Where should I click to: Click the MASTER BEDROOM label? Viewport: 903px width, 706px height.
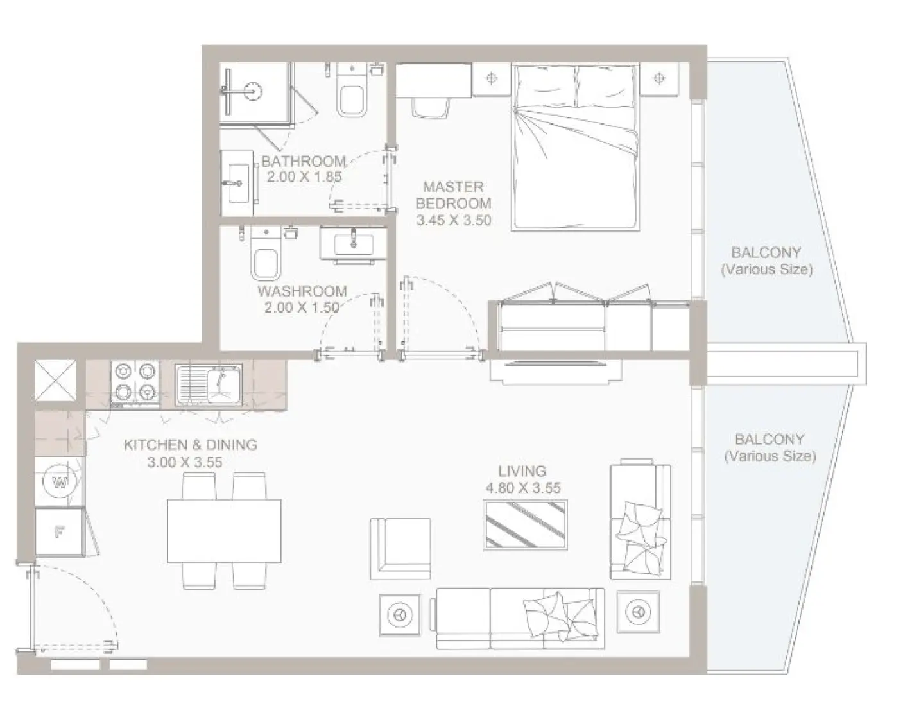[x=453, y=195]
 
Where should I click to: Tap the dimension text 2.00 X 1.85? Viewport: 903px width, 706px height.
[x=304, y=176]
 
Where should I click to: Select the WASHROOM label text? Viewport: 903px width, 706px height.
[x=302, y=291]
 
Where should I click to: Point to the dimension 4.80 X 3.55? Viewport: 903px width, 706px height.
[x=523, y=488]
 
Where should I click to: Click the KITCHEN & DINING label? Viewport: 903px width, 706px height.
[x=190, y=444]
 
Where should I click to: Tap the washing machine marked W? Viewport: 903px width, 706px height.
[x=60, y=481]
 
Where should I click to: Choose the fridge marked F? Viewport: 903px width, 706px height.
[x=60, y=531]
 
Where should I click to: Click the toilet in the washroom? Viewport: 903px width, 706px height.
[x=265, y=259]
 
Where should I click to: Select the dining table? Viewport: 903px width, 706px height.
[x=223, y=531]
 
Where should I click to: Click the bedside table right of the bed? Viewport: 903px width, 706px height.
[x=658, y=79]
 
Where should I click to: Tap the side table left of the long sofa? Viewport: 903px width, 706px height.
[x=400, y=615]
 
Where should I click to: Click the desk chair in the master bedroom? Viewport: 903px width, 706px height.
[x=430, y=107]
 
